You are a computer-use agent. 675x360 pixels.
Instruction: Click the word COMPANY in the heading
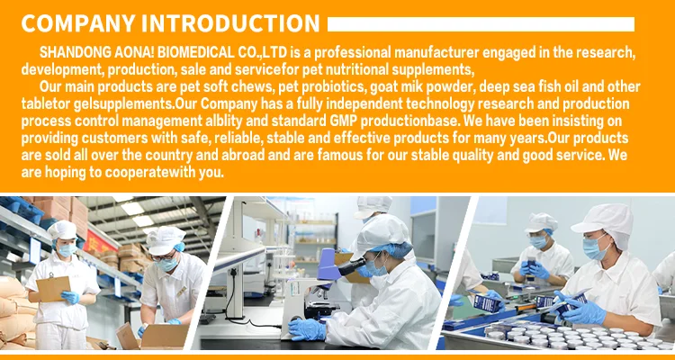pos(79,23)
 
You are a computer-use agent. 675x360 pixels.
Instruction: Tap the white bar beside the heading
pos(481,24)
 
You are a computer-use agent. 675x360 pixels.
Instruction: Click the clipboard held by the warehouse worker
pos(53,289)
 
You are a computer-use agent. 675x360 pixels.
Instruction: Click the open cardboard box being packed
pos(153,337)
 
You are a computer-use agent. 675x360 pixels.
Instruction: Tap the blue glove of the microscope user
pos(307,329)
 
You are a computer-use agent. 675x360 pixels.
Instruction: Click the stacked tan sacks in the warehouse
pos(16,313)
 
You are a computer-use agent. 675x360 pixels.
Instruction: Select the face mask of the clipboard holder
pos(67,250)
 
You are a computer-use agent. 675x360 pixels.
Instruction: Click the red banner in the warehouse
pos(99,241)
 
